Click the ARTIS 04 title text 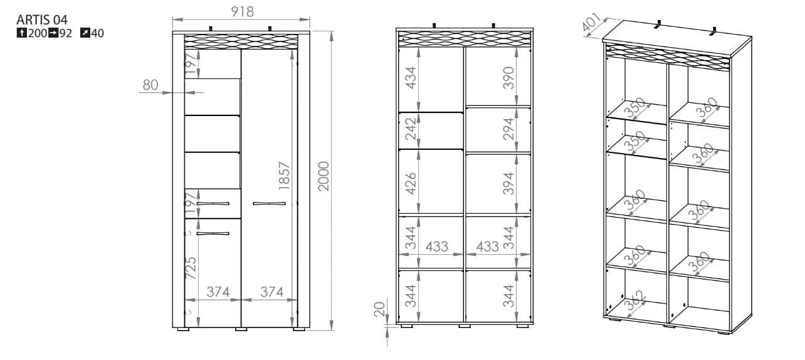[x=42, y=19]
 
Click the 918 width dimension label [x=242, y=11]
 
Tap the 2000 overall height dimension [x=324, y=176]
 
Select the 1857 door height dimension [x=284, y=176]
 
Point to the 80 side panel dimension [x=150, y=85]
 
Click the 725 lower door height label [x=191, y=268]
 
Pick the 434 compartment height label [x=411, y=78]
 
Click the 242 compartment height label [x=411, y=129]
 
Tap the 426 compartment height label [x=411, y=183]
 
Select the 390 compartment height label [x=508, y=78]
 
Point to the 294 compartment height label [x=508, y=129]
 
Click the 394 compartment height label [x=508, y=183]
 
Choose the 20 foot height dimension [x=379, y=309]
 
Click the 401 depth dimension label [x=591, y=23]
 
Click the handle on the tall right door [x=269, y=204]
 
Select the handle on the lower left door [x=213, y=234]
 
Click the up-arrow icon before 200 [x=21, y=33]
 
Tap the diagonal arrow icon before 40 [x=85, y=33]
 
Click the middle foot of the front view [x=241, y=329]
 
